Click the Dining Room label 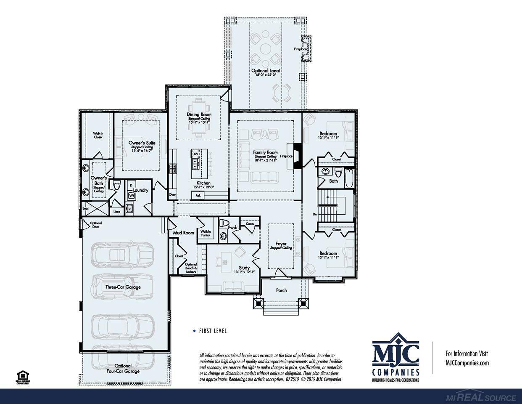point(199,114)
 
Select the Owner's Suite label point(142,143)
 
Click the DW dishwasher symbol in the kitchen point(195,154)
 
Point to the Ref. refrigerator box point(198,195)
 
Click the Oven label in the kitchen point(172,195)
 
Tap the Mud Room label point(183,232)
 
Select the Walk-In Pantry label point(206,233)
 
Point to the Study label point(244,268)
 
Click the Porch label point(281,290)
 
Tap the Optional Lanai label point(266,71)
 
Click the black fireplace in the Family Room point(297,156)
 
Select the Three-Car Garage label point(123,287)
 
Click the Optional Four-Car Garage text point(123,369)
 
